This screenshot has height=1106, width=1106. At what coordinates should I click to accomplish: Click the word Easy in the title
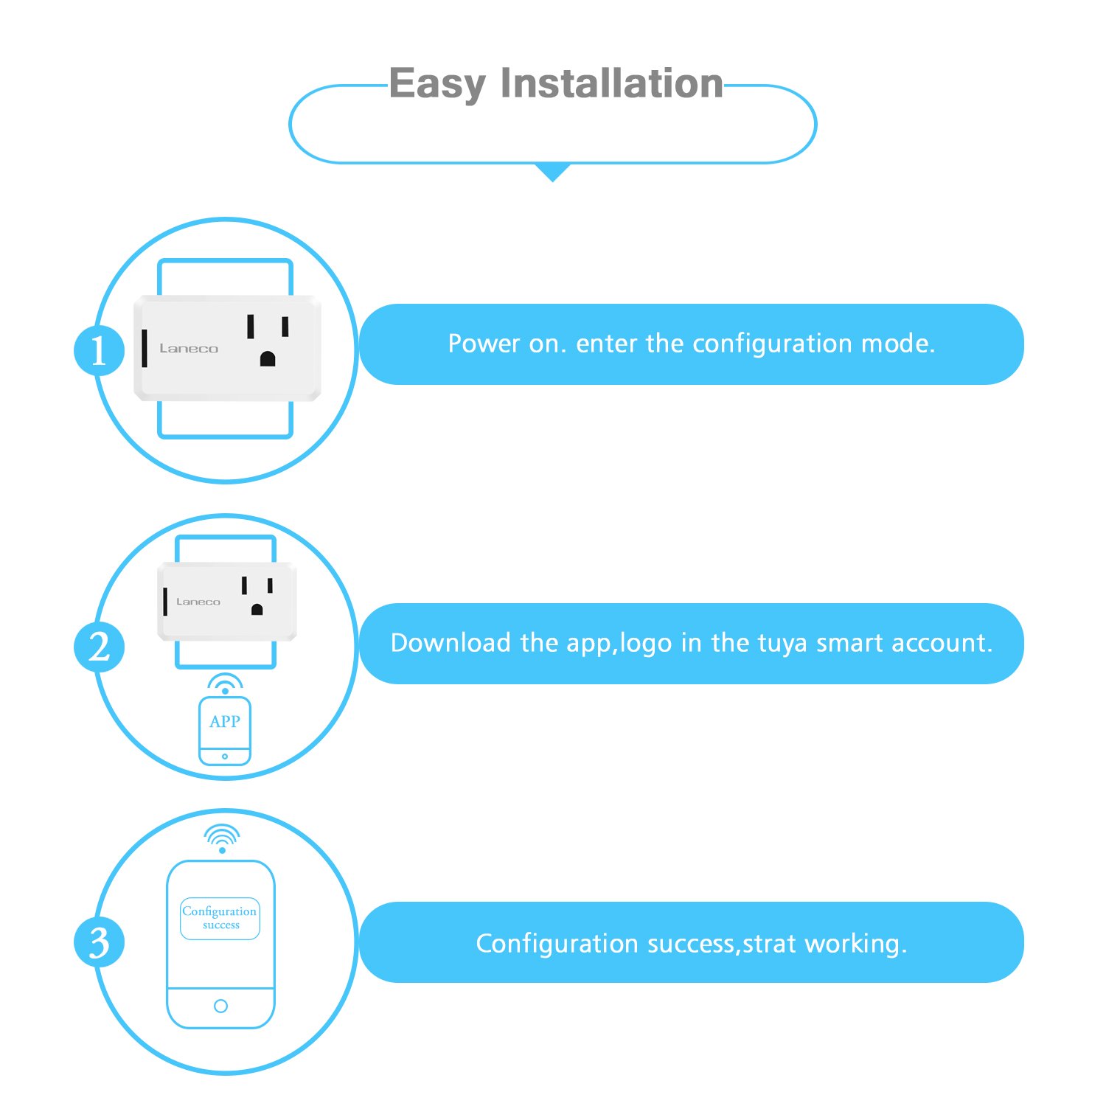click(x=437, y=84)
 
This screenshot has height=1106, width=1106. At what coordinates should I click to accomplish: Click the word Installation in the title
click(x=611, y=83)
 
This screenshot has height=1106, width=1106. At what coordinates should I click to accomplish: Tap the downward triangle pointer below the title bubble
click(x=552, y=173)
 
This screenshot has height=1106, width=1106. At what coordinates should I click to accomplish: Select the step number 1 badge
click(x=99, y=351)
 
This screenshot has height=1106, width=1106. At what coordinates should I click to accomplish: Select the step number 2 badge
click(x=99, y=647)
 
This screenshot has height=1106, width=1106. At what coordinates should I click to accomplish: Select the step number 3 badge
click(x=99, y=942)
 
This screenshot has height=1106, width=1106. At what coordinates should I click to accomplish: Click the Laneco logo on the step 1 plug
click(x=189, y=349)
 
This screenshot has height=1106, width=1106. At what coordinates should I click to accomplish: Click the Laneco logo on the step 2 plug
click(x=198, y=602)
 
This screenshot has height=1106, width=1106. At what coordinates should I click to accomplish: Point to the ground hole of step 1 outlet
click(x=268, y=359)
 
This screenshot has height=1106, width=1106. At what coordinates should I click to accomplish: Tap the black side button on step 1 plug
click(x=145, y=348)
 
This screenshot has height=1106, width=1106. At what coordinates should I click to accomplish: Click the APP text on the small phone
click(x=225, y=722)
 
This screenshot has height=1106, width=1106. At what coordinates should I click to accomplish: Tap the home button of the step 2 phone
click(x=225, y=757)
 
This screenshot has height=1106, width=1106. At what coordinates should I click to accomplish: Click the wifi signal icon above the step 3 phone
click(x=222, y=838)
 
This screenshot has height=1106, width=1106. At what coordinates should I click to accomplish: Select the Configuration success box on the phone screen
click(x=220, y=918)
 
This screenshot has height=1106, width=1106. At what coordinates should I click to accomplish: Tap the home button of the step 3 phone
click(x=220, y=1006)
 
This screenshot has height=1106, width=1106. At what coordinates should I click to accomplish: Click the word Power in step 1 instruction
click(x=483, y=344)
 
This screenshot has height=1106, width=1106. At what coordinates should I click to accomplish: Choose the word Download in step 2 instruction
click(x=450, y=643)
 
